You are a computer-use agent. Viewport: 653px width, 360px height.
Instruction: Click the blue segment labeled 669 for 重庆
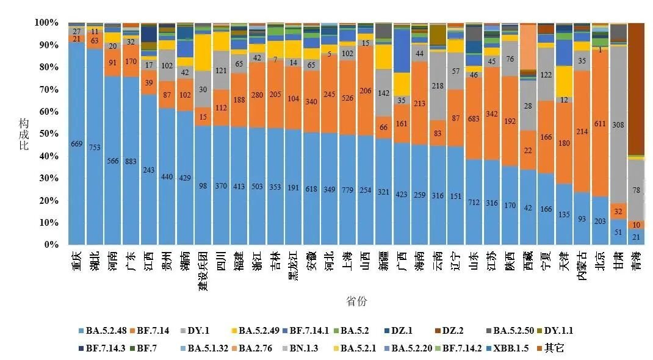point(77,143)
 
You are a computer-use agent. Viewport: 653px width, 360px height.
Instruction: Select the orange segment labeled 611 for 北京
point(600,123)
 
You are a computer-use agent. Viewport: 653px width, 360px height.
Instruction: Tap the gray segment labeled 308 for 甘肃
point(618,125)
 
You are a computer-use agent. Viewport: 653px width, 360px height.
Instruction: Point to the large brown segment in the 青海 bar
point(637,89)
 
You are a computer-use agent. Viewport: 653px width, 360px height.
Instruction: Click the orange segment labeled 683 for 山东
point(474,118)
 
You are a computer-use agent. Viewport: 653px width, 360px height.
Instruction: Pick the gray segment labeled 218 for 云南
point(438,86)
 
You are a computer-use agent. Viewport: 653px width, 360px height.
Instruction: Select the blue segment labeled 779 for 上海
point(347,190)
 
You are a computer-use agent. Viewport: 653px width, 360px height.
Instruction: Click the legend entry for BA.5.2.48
point(103,331)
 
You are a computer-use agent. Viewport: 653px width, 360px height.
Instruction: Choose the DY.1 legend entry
point(195,331)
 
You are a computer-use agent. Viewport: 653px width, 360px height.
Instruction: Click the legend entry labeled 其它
point(550,348)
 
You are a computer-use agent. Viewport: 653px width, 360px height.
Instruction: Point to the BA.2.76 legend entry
point(252,348)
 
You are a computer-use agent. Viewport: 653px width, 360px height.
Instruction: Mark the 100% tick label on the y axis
point(46,23)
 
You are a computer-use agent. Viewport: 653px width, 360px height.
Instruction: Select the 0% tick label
point(51,245)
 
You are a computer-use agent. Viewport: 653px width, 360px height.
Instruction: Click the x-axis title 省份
point(356,301)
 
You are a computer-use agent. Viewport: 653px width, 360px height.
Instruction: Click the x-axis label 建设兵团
point(203,271)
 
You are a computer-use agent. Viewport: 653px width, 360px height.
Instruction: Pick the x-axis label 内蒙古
point(582,266)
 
